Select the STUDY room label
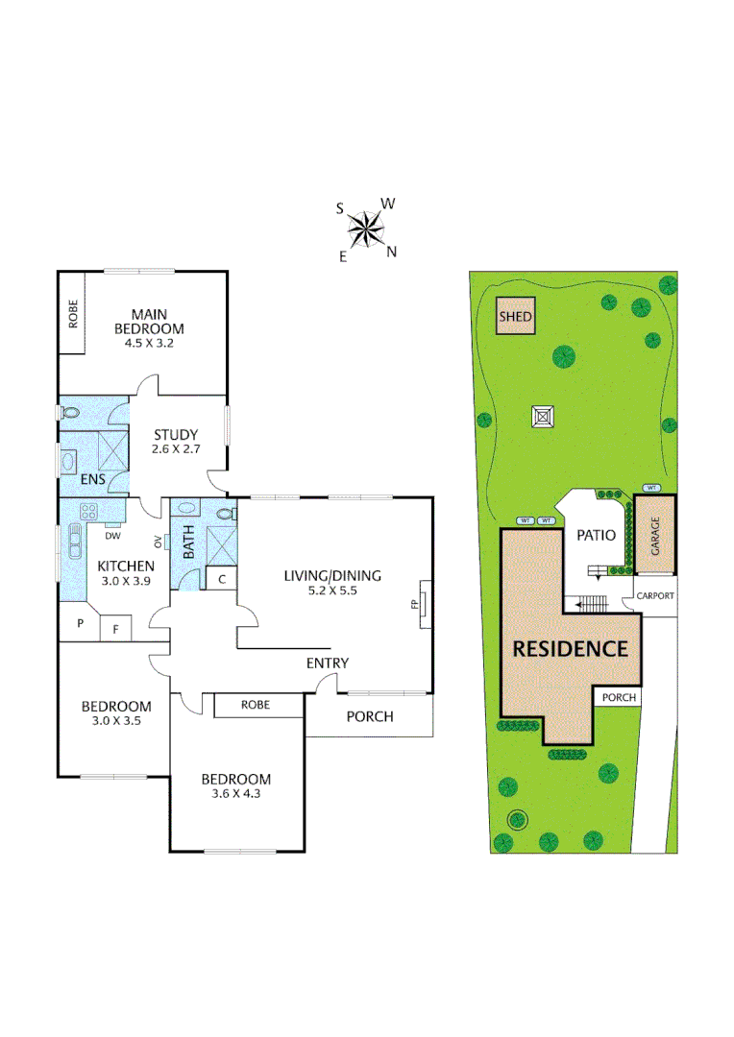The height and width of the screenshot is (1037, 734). [175, 434]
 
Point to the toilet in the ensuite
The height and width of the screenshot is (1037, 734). [69, 413]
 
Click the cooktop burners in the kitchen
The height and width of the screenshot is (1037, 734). [89, 511]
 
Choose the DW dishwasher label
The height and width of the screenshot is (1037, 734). [112, 537]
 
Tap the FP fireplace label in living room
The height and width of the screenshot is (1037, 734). [414, 606]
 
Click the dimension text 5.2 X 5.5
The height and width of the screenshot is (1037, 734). [332, 591]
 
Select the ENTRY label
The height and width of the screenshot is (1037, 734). [327, 663]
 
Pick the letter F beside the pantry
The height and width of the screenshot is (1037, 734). [116, 630]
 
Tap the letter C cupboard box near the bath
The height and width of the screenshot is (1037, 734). [221, 579]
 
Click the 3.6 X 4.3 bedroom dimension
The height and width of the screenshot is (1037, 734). [235, 795]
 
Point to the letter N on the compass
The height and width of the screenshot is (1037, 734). [391, 253]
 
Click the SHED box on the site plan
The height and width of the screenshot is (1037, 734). [515, 316]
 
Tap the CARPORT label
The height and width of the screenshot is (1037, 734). [655, 595]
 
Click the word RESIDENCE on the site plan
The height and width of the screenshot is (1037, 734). [570, 648]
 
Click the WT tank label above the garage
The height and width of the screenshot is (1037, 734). [650, 488]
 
